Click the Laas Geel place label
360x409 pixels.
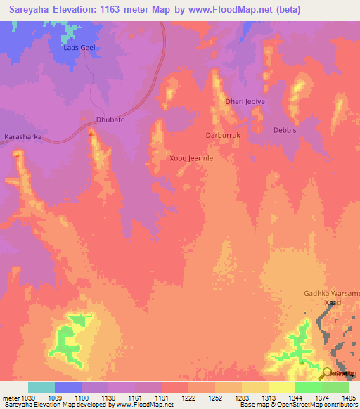pyautogui.click(x=80, y=48)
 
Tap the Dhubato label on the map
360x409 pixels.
pyautogui.click(x=110, y=120)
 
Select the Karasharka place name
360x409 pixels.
pyautogui.click(x=24, y=138)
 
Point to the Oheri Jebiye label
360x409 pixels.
pyautogui.click(x=245, y=101)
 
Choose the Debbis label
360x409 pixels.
pyautogui.click(x=285, y=131)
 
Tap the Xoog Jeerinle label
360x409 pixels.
pyautogui.click(x=191, y=158)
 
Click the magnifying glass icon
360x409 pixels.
pyautogui.click(x=327, y=374)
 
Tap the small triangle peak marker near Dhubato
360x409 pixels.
pyautogui.click(x=91, y=130)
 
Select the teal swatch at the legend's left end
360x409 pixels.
pyautogui.click(x=41, y=387)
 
